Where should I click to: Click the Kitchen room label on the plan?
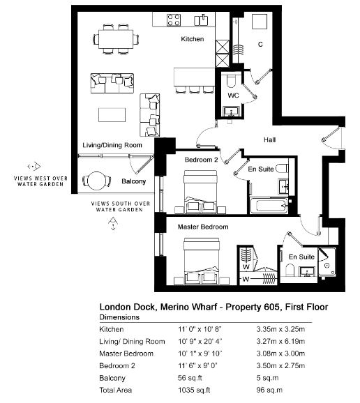point(193,39)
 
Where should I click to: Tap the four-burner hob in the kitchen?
point(174,20)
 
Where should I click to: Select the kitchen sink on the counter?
point(201,20)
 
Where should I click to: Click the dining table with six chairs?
point(116,39)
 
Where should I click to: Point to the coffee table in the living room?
point(112,115)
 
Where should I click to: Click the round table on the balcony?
point(97,181)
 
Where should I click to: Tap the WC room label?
point(233,96)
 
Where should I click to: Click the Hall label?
point(269,140)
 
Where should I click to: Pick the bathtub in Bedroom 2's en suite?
point(269,206)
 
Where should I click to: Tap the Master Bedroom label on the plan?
point(203,227)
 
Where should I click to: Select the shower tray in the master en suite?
point(327,262)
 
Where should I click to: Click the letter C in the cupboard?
point(260,45)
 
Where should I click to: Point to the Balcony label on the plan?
point(133,181)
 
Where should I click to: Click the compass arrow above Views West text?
point(34,166)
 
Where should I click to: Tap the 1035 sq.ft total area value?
point(194,390)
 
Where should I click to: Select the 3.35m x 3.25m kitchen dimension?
point(280,329)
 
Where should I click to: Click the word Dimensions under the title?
point(119,317)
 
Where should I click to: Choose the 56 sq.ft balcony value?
point(190,378)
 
